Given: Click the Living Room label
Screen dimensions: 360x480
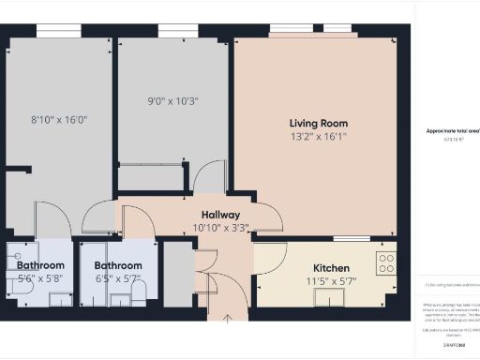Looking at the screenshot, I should (x=319, y=123).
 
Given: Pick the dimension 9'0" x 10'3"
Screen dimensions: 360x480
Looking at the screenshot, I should (x=173, y=101).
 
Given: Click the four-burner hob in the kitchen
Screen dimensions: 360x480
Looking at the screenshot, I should (x=385, y=262).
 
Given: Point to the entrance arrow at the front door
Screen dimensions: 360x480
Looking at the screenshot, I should (x=228, y=322).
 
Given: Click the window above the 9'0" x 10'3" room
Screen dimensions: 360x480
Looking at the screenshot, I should (x=171, y=33).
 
